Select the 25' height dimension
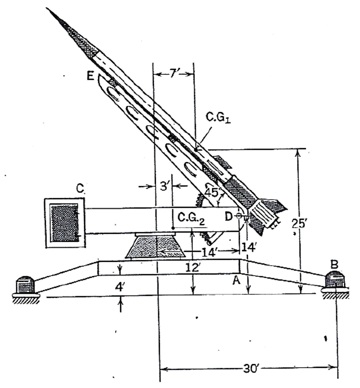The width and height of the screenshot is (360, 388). click(299, 224)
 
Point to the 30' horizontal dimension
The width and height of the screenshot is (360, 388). click(249, 369)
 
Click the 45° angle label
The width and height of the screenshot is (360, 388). click(212, 192)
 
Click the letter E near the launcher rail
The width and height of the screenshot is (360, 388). click(90, 76)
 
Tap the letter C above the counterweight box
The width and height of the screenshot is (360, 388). click(80, 188)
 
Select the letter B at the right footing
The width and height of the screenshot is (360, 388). click(334, 264)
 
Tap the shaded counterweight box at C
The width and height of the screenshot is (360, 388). click(64, 222)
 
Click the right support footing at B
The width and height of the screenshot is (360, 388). click(335, 282)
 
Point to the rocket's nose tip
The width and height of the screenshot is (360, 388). click(47, 8)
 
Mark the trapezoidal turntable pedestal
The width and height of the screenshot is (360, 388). click(155, 247)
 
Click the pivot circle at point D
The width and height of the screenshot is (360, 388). click(238, 216)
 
